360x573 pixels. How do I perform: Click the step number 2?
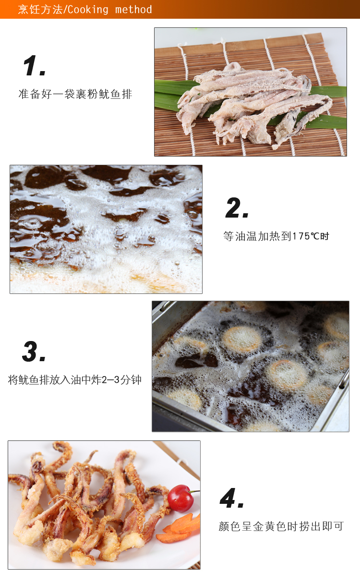[x=237, y=207]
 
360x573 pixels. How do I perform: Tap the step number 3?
[x=34, y=352]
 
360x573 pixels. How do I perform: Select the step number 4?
[x=232, y=498]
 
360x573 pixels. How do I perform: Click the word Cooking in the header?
[x=88, y=9]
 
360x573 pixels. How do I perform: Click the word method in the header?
[x=133, y=9]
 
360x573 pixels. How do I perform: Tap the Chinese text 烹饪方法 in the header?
[x=40, y=9]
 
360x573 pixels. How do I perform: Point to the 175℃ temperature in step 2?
[x=306, y=236]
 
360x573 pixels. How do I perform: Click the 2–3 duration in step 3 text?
[x=110, y=380]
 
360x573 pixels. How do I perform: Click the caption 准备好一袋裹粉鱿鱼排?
[x=75, y=94]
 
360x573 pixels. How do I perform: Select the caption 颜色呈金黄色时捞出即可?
[x=281, y=526]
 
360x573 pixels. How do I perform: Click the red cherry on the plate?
[x=180, y=498]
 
